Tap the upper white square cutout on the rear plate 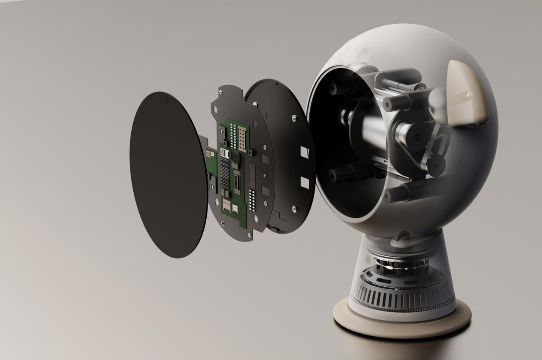(x=304, y=151)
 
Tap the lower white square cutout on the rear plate (x=304, y=182)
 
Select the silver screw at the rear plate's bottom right (x=293, y=208)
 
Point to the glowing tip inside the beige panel (x=468, y=95)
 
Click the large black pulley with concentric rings (x=413, y=137)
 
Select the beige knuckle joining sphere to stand (x=402, y=240)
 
